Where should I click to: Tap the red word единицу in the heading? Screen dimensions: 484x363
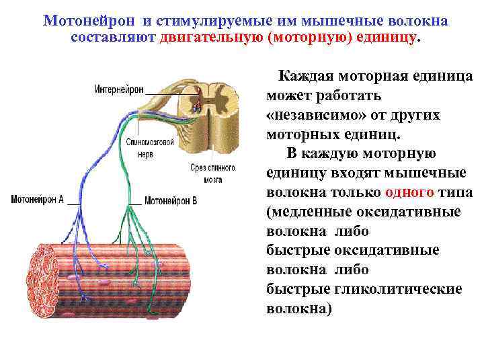(x=389, y=36)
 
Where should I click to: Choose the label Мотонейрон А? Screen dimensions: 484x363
(x=38, y=200)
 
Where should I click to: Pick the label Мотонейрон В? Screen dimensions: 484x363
(x=171, y=200)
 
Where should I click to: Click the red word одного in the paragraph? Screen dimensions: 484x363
(x=409, y=193)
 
